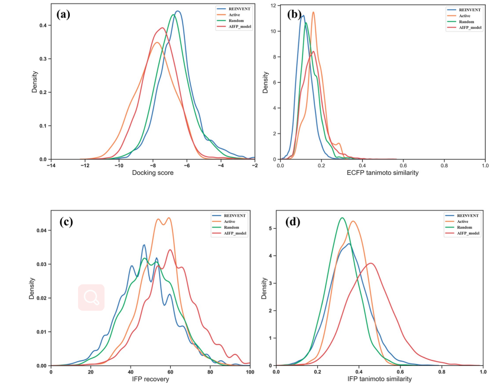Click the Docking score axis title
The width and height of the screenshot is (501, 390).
pyautogui.click(x=152, y=173)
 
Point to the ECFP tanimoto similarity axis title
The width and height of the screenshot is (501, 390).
pyautogui.click(x=382, y=173)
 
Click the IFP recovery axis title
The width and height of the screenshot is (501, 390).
pyautogui.click(x=151, y=379)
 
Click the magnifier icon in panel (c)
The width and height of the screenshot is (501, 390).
pyautogui.click(x=91, y=297)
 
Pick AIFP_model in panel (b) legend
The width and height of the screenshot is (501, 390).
pyautogui.click(x=466, y=27)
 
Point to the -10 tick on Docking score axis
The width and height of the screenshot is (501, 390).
pyautogui.click(x=119, y=165)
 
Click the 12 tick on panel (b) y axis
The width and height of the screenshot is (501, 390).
pyautogui.click(x=273, y=6)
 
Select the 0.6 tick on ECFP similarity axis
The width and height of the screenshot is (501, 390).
pyautogui.click(x=403, y=165)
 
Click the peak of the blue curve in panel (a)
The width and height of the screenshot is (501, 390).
pyautogui.click(x=178, y=11)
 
